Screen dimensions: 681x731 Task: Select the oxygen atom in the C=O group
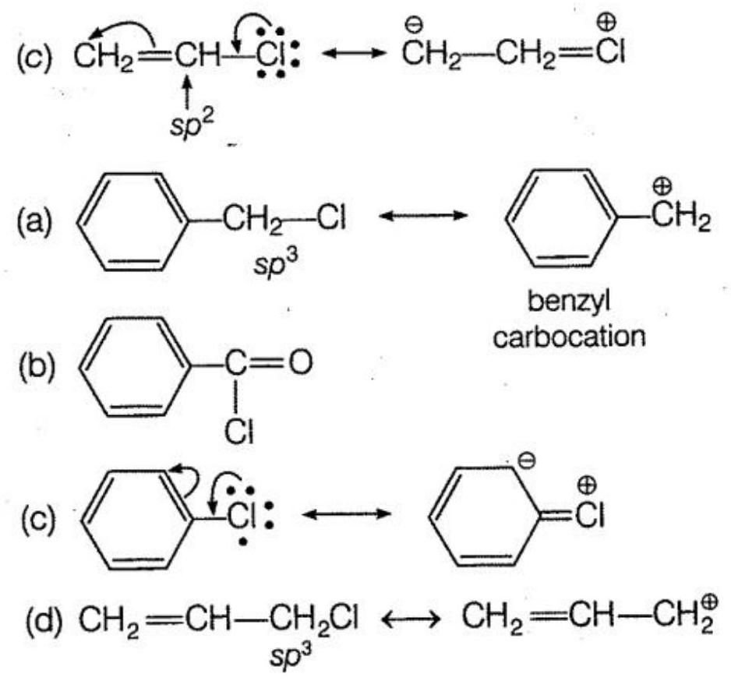[302, 363]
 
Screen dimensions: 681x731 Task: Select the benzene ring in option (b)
[129, 365]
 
